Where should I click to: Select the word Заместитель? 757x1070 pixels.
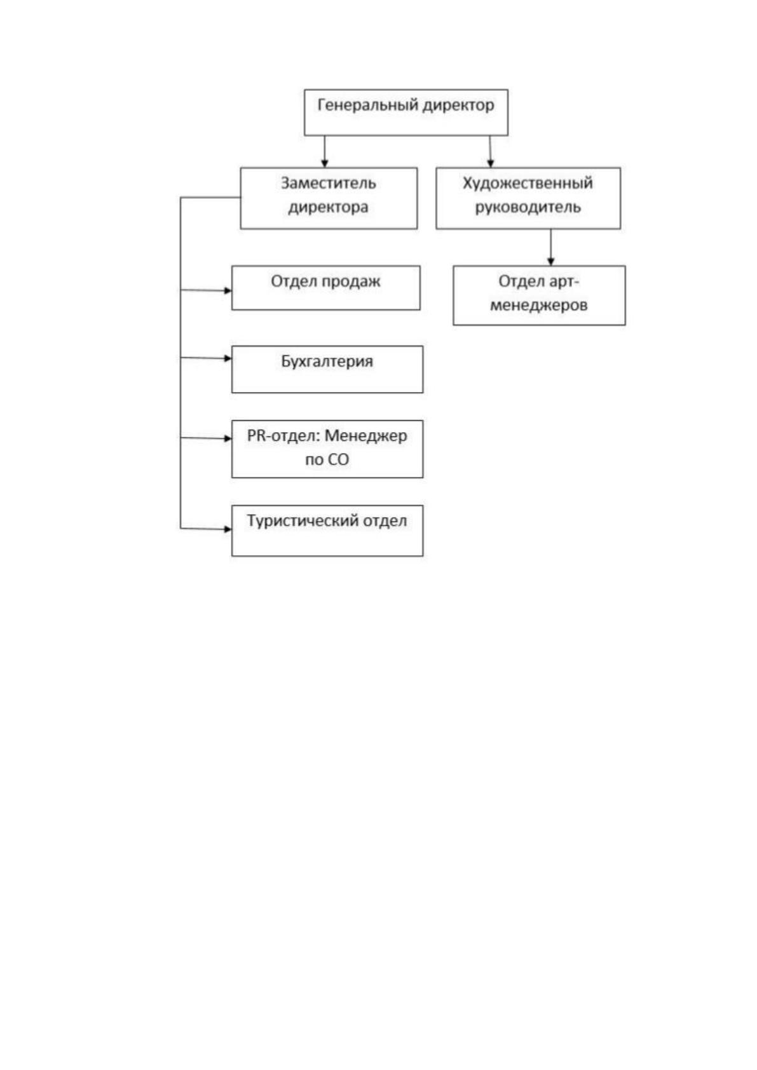point(329,183)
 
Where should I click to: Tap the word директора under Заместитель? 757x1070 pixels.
point(329,208)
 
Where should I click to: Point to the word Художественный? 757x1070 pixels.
point(528,183)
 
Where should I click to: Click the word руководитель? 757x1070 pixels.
point(528,207)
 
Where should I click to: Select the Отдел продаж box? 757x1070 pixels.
point(326,288)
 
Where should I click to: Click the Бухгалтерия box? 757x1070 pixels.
point(327,369)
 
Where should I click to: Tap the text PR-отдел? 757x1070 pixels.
point(283,436)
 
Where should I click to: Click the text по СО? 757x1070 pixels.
point(327,459)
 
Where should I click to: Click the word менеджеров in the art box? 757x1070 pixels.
point(538,305)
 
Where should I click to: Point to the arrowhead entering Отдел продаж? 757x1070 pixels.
point(228,290)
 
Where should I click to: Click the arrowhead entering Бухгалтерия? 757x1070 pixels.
point(228,358)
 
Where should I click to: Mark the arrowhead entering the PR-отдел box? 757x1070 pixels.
point(228,438)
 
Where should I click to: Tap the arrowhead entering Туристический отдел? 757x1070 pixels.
point(228,529)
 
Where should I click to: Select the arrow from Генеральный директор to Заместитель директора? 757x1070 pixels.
point(325,151)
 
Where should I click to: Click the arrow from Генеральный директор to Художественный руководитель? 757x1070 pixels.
point(490,151)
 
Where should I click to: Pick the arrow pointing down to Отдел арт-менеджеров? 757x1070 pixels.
point(550,247)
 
